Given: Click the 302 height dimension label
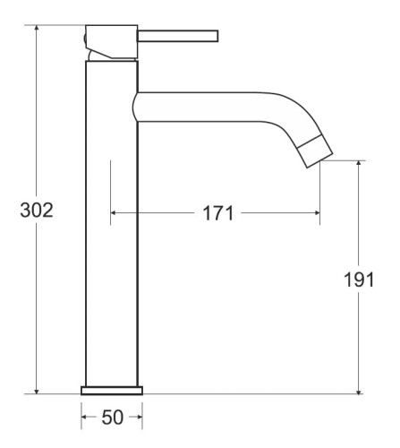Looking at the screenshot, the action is coord(37,210).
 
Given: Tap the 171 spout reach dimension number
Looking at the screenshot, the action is coord(217,213).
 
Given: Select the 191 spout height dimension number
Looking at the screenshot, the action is coord(359,280).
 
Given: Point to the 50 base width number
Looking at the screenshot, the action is coord(112,418).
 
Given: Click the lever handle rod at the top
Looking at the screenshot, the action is coord(178,36).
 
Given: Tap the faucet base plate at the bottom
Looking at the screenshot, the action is coord(112,391).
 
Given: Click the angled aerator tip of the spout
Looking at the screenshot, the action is coord(316,151).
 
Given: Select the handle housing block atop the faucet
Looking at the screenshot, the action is coord(112,41).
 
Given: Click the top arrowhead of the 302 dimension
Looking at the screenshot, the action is coord(37,29).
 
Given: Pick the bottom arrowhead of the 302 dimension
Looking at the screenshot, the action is coord(37,390).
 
